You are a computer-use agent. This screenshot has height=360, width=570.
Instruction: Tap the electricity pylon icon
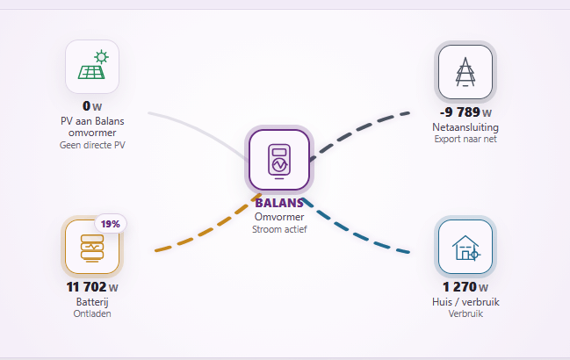tap(465, 72)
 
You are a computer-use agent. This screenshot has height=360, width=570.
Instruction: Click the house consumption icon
tap(466, 248)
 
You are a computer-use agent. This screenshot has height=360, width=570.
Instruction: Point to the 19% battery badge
tap(111, 224)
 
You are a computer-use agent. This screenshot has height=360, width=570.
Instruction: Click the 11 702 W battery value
tap(92, 287)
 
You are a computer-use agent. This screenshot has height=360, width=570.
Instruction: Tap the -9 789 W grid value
tap(465, 112)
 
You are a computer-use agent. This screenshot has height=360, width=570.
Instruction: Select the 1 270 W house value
tap(465, 287)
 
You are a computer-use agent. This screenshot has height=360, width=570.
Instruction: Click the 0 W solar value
tap(92, 106)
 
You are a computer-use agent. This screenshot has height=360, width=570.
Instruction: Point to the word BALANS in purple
tap(279, 203)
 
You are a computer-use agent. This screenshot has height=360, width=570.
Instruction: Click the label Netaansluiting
tap(465, 127)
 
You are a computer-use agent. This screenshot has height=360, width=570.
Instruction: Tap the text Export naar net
tap(465, 139)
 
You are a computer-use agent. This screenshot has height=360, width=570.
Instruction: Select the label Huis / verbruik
tap(465, 302)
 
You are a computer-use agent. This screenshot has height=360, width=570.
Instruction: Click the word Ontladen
tap(92, 313)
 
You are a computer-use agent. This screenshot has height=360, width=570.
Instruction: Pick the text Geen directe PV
tap(92, 145)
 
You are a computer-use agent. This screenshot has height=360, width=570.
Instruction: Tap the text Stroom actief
tap(279, 229)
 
